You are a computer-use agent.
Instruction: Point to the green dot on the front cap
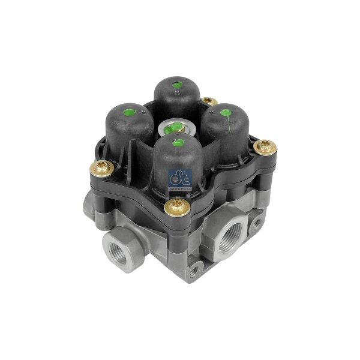point(177,142)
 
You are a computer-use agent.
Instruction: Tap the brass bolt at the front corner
point(176,208)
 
